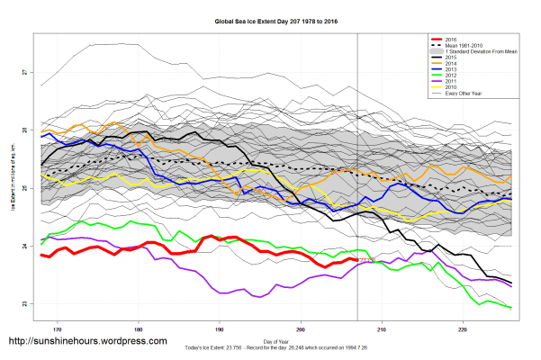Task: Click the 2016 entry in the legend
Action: (x=451, y=40)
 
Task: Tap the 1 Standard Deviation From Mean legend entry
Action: (x=476, y=51)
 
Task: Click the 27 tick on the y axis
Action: (x=24, y=72)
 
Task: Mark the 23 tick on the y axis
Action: (x=24, y=303)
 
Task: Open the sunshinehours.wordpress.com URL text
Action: (x=87, y=342)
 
